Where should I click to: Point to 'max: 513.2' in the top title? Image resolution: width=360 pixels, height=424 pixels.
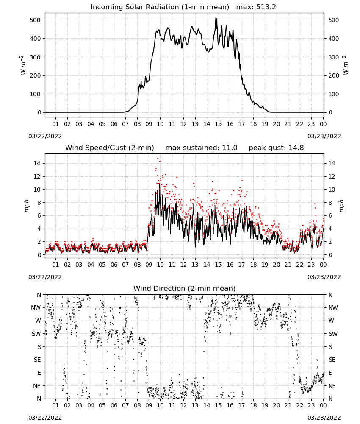256,7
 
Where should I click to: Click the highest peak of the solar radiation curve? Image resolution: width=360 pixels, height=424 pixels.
216,18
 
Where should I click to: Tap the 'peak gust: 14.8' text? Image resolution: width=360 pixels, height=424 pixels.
276,148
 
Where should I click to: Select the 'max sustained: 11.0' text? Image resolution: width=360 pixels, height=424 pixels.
201,148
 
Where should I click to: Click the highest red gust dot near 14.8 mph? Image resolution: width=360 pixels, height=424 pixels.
158,159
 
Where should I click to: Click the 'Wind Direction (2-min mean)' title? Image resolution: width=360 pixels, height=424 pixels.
185,288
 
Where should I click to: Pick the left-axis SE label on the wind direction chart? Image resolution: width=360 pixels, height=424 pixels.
37,360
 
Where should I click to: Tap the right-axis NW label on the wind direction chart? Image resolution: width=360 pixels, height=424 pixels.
333,307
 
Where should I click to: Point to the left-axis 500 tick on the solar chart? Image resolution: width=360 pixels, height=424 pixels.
36,20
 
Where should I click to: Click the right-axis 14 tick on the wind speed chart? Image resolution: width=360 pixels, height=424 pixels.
332,163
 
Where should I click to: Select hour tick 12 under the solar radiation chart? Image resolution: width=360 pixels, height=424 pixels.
183,124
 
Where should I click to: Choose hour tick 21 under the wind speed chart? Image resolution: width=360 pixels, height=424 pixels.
288,265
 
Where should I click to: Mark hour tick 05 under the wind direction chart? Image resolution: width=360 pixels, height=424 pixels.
102,405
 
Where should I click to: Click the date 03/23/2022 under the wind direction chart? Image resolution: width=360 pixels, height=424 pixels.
324,418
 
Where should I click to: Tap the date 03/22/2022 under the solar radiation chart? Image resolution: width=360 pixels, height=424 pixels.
45,136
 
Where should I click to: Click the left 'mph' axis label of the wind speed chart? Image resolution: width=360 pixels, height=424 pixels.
26,206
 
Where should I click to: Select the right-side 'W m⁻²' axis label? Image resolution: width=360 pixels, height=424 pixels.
346,65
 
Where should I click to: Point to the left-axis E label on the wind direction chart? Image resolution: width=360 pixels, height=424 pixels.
39,373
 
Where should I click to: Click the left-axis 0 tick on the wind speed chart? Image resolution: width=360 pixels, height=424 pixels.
39,255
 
